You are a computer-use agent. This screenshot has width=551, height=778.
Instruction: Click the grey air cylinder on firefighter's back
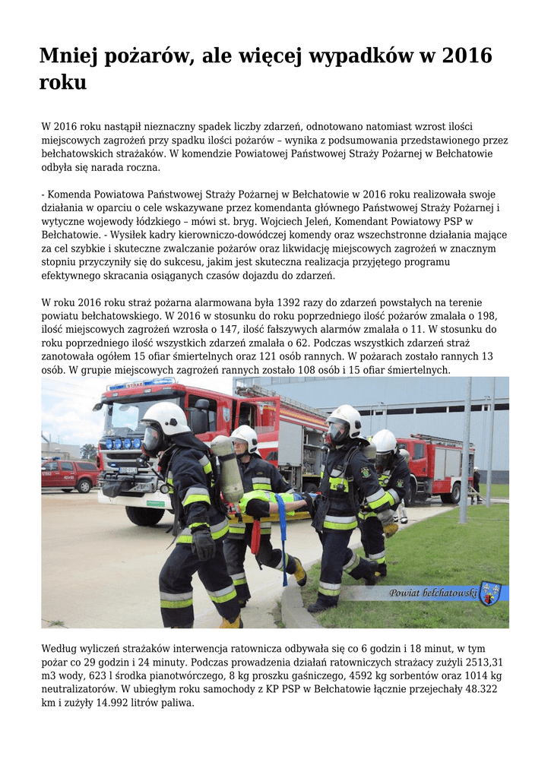tap(227, 466)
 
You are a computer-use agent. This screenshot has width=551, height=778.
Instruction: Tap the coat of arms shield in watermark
tap(489, 593)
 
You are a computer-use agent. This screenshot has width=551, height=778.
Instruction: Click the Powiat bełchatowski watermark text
tap(432, 593)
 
